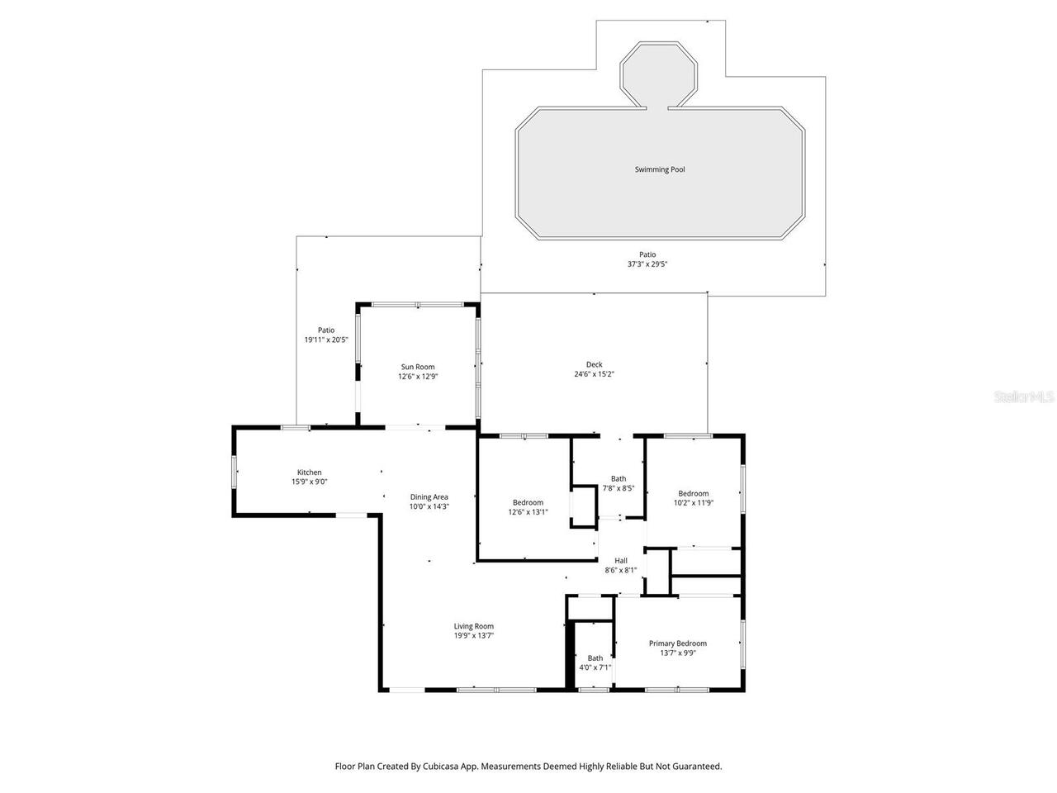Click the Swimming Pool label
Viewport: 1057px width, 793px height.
660,169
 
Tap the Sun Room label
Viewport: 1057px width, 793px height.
418,367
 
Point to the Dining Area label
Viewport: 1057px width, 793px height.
429,496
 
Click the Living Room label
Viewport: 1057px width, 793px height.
474,626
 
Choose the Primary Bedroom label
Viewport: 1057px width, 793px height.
678,643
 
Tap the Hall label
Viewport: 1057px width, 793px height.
621,560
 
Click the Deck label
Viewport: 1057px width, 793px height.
595,364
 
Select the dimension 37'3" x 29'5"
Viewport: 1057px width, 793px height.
647,264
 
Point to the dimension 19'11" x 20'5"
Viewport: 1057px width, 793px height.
326,340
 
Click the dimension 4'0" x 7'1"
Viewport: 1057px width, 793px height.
595,667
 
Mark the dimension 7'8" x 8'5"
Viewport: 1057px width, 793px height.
619,488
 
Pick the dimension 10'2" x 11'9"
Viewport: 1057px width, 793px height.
694,502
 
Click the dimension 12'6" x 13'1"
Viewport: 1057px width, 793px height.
528,512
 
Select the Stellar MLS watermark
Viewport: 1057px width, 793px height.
1024,397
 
